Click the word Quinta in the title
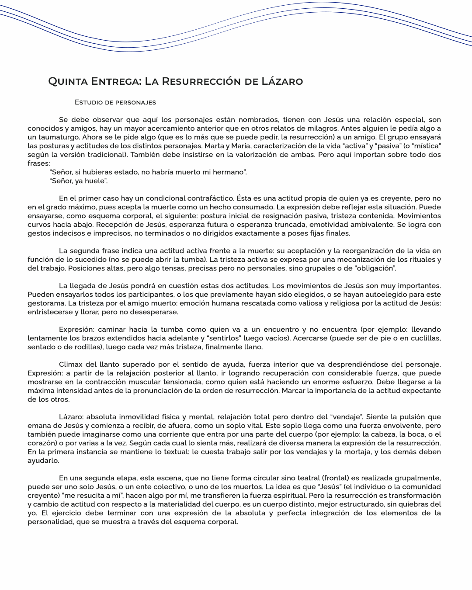[x=67, y=81]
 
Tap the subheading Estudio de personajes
[x=115, y=102]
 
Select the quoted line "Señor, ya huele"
[x=79, y=180]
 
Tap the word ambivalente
[x=389, y=224]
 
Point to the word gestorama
[x=45, y=303]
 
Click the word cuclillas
[x=424, y=338]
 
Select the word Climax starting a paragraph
[x=71, y=364]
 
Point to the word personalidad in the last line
[x=50, y=521]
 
